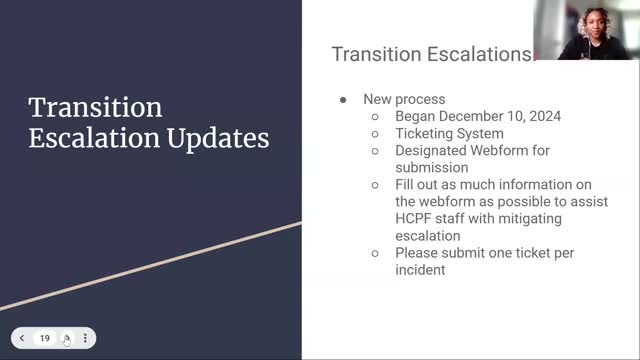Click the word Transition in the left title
(95, 108)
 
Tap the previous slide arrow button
(23, 338)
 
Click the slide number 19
(45, 338)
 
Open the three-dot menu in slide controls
(86, 338)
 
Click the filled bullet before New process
(343, 100)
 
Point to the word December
(471, 116)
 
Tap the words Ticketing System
(449, 133)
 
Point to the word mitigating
(527, 219)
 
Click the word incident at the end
(420, 270)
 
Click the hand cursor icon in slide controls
(66, 339)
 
